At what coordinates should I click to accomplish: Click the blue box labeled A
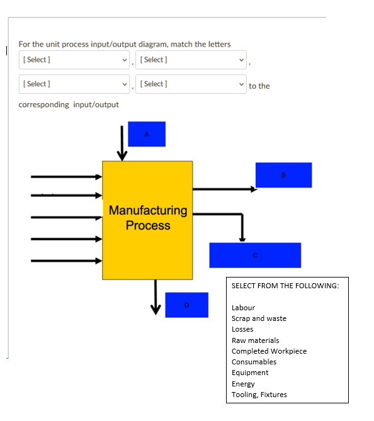pyautogui.click(x=147, y=134)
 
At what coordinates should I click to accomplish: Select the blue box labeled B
pyautogui.click(x=284, y=175)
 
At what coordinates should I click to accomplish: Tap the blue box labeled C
pyautogui.click(x=255, y=255)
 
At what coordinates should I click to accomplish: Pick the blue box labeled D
pyautogui.click(x=187, y=305)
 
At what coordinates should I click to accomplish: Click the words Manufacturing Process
pyautogui.click(x=148, y=218)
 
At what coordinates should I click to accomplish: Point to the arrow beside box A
pyautogui.click(x=122, y=143)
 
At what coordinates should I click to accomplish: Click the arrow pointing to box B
pyautogui.click(x=225, y=189)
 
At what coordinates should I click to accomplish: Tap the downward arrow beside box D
pyautogui.click(x=156, y=297)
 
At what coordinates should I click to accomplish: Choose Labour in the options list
pyautogui.click(x=244, y=308)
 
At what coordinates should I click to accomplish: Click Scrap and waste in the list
pyautogui.click(x=259, y=318)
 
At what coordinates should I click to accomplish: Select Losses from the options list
pyautogui.click(x=242, y=329)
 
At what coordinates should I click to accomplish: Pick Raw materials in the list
pyautogui.click(x=256, y=340)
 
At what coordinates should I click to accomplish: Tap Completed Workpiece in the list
pyautogui.click(x=269, y=351)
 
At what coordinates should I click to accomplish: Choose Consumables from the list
pyautogui.click(x=254, y=362)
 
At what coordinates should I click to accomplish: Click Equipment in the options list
pyautogui.click(x=250, y=373)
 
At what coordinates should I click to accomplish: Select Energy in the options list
pyautogui.click(x=243, y=384)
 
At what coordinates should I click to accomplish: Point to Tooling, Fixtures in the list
pyautogui.click(x=259, y=395)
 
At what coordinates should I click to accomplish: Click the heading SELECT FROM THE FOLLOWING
pyautogui.click(x=285, y=286)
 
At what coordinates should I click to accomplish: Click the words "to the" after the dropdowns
pyautogui.click(x=259, y=86)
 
